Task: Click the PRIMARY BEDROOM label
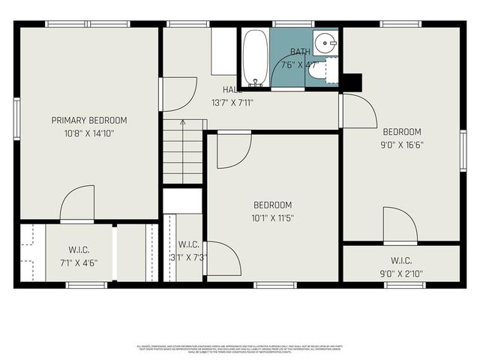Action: click(x=88, y=120)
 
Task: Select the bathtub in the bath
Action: click(x=254, y=58)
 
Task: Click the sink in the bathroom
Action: click(x=325, y=42)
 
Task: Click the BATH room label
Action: click(x=299, y=52)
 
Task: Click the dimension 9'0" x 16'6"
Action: click(x=401, y=145)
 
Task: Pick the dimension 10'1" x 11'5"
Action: click(x=272, y=218)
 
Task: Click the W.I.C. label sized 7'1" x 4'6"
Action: click(x=79, y=250)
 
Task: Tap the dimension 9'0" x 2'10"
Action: click(x=401, y=274)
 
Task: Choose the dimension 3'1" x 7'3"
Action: click(x=188, y=257)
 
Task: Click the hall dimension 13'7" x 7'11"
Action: click(x=232, y=103)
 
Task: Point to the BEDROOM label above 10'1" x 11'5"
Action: click(x=272, y=205)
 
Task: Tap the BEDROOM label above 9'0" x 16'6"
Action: click(x=401, y=132)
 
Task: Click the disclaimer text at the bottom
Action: click(x=240, y=348)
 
